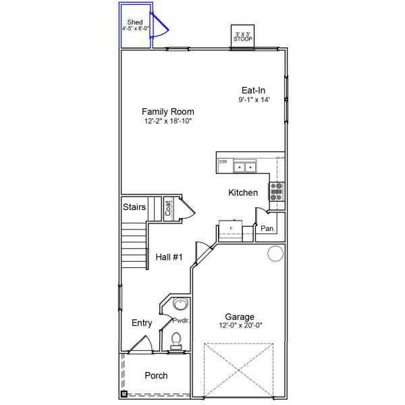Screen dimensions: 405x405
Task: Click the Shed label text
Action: [135, 22]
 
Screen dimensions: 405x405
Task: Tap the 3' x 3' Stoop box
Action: [243, 37]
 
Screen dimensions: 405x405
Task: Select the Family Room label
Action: [168, 111]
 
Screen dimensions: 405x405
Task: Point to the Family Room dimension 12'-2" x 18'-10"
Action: [168, 122]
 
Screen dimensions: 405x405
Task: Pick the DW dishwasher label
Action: [223, 162]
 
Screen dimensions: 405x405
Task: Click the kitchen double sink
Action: [244, 166]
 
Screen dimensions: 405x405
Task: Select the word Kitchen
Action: [243, 193]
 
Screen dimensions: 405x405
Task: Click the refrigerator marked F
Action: [232, 230]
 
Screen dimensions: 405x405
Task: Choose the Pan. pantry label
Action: [268, 229]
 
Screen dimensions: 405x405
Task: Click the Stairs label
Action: [135, 207]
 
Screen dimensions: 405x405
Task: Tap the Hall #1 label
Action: [169, 256]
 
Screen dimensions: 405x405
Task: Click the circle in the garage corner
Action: [275, 254]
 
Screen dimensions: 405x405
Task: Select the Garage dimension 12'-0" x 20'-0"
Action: [240, 325]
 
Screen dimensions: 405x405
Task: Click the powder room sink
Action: [177, 304]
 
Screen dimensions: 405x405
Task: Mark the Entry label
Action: [141, 323]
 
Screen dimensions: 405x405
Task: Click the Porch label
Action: [156, 375]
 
